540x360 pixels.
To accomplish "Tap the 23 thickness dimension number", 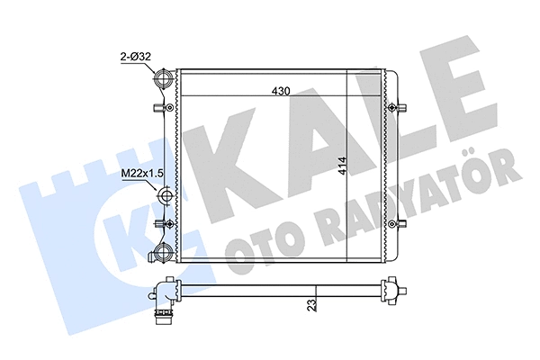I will pyautogui.click(x=310, y=303).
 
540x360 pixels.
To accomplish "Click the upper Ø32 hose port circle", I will pyautogui.click(x=165, y=81).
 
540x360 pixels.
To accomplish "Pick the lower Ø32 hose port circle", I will pyautogui.click(x=164, y=251).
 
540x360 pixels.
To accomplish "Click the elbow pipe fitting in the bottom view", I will pyautogui.click(x=162, y=298).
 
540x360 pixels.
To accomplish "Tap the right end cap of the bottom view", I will pyautogui.click(x=391, y=292).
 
